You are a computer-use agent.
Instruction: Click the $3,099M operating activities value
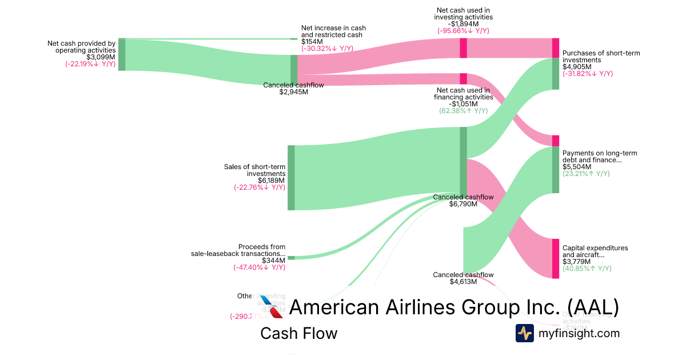click(101, 57)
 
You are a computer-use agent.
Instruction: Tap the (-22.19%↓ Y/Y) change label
click(90, 65)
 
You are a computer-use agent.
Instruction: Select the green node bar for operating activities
click(122, 55)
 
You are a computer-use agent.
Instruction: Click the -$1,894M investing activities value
click(463, 24)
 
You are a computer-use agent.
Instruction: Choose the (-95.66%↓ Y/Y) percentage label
click(463, 31)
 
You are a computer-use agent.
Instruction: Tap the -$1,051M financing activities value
click(463, 104)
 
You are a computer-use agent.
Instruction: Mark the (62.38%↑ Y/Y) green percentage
click(463, 111)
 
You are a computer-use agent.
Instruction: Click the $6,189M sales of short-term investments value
click(272, 180)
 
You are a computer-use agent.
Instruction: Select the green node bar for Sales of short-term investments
click(291, 178)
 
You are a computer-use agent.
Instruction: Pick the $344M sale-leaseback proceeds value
click(273, 260)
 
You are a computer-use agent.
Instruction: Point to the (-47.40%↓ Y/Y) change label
click(259, 267)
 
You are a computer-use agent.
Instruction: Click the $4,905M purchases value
click(577, 67)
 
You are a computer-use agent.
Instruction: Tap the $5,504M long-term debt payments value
click(577, 167)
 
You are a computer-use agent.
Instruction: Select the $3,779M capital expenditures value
click(576, 262)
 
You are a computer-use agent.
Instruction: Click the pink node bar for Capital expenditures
click(555, 258)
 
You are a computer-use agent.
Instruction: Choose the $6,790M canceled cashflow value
click(463, 204)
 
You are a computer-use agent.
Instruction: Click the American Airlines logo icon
click(272, 307)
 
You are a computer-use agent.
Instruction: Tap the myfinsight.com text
click(579, 333)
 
